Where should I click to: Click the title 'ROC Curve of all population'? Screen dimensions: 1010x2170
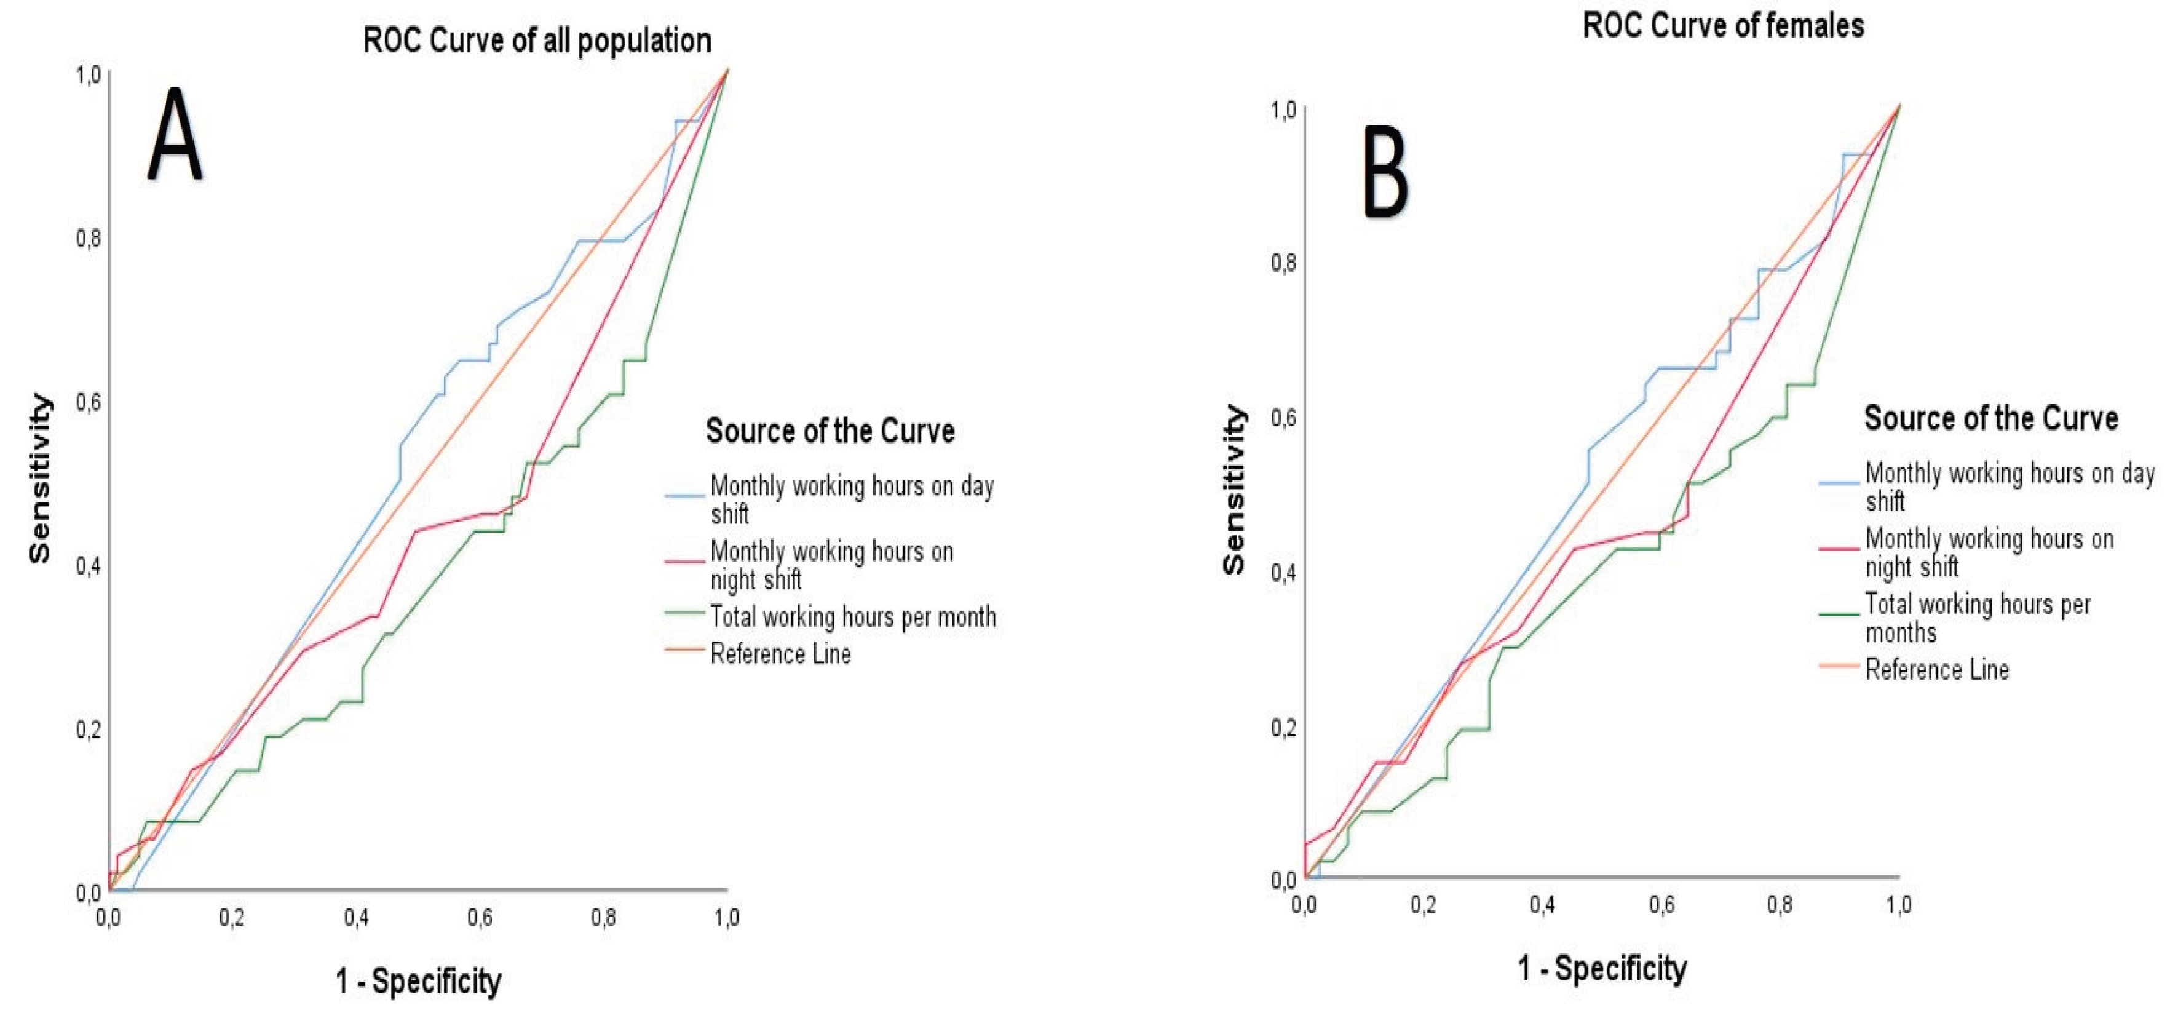537,41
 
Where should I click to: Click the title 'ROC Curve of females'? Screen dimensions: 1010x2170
1723,25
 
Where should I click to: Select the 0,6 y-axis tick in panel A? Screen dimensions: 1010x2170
87,402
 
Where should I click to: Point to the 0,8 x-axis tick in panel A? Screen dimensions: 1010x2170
603,917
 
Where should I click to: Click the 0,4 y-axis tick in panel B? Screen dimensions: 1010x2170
1283,573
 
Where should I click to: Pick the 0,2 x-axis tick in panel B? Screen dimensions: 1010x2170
1424,905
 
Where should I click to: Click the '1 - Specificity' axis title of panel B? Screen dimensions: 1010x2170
1602,968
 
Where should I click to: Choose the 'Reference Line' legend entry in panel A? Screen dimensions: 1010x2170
780,654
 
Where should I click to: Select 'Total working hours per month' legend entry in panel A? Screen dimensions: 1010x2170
852,616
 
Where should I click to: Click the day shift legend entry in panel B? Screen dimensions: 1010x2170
2008,486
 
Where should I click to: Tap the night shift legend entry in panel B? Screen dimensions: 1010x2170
1988,552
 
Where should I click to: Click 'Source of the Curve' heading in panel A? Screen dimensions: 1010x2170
830,431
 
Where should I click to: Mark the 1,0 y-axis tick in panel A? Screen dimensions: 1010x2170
87,75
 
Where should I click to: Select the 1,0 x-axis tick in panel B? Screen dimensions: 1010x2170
1898,905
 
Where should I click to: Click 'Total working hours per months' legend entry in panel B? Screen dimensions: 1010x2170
1977,618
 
